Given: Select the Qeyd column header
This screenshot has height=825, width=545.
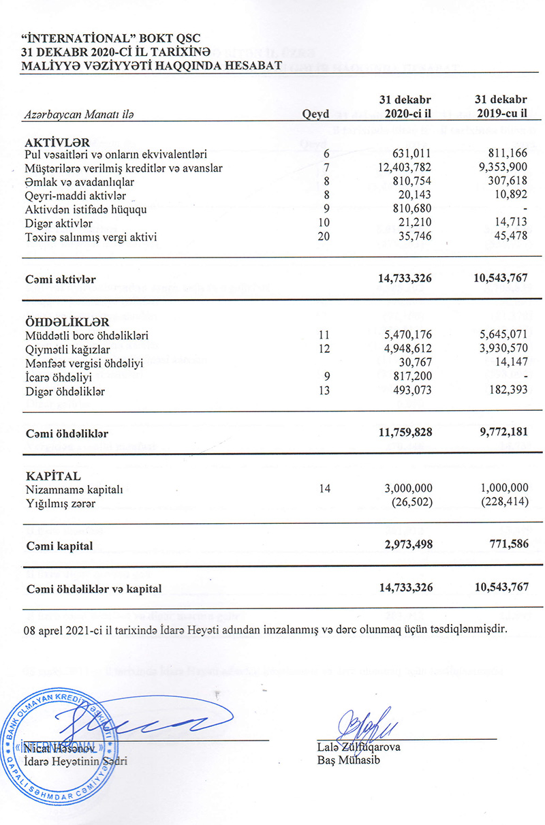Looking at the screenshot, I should coord(315,115).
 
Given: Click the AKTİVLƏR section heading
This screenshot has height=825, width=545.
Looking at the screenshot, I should coord(57,142).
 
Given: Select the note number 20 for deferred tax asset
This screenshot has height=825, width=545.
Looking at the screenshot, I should coord(324,236).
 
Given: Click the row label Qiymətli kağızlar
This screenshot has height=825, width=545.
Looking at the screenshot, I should coord(67,349).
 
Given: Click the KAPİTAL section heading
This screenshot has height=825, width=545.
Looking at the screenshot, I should coord(52,476).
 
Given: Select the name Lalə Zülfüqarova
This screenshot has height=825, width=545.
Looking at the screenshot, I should coord(358,747).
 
